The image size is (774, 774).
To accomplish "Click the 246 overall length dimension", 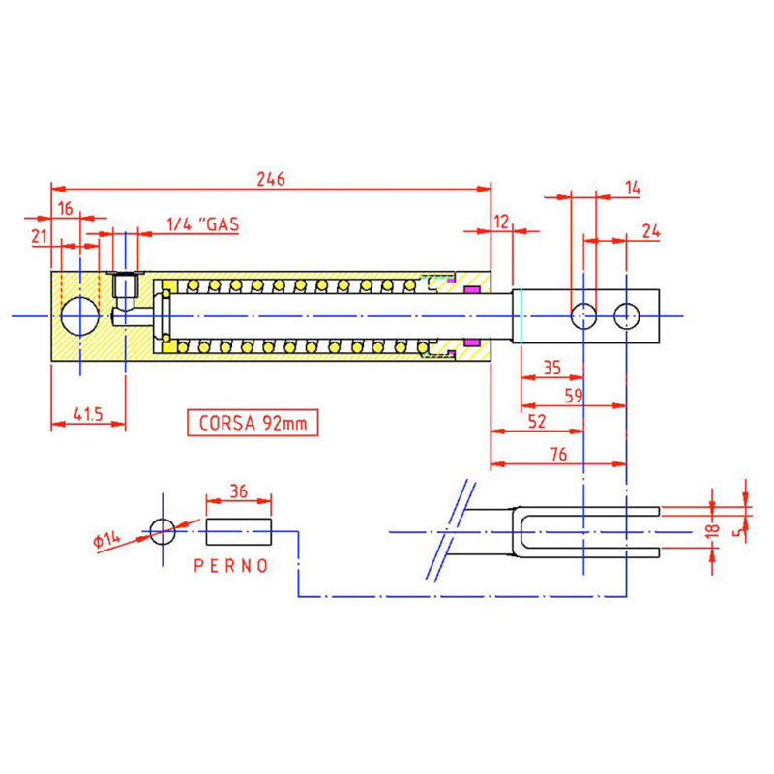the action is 271,178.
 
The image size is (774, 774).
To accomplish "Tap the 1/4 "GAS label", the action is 203,224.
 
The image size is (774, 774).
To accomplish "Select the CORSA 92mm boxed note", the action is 253,423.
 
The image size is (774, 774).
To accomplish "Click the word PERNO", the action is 231,566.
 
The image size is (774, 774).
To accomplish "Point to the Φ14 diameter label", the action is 106,539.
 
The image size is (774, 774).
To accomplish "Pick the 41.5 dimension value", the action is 88,414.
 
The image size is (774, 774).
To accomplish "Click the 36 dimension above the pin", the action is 238,491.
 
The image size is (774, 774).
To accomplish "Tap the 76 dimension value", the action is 558,454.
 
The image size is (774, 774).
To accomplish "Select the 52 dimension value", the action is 537,421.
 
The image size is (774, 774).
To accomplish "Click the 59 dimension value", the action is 573,396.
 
